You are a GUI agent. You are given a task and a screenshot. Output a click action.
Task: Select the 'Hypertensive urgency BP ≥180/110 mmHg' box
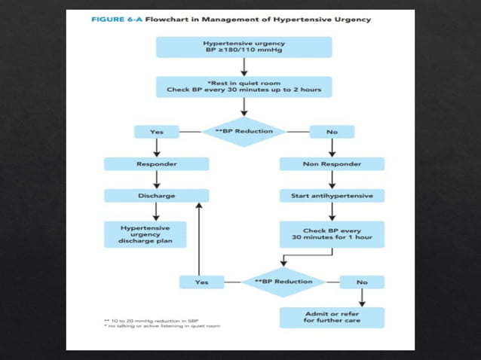pos(244,47)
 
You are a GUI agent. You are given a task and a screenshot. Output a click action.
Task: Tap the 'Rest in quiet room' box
pos(244,87)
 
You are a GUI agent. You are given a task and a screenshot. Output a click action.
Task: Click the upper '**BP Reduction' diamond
pos(244,131)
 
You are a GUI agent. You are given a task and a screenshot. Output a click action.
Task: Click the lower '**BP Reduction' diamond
pos(283,282)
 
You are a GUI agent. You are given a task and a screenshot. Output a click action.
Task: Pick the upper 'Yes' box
pos(157,132)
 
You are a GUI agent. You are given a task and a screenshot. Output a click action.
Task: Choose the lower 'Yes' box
pos(201,282)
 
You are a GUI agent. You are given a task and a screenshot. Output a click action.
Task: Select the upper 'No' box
pos(332,132)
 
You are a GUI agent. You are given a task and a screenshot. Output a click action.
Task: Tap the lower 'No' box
pos(362,282)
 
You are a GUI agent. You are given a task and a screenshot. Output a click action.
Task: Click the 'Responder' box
pos(157,163)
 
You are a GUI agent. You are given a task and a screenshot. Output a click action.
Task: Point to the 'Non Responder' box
pos(332,163)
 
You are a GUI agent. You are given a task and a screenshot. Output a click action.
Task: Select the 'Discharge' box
pos(157,195)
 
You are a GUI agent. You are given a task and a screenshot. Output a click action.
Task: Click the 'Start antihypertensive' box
pos(332,195)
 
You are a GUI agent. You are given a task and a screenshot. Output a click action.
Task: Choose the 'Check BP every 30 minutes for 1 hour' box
pos(332,233)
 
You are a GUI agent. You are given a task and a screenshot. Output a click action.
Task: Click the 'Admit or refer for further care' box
pos(332,317)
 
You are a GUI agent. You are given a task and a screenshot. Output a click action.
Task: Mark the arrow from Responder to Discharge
pos(157,179)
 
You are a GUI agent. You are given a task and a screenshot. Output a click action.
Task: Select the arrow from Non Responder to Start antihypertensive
pos(332,179)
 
